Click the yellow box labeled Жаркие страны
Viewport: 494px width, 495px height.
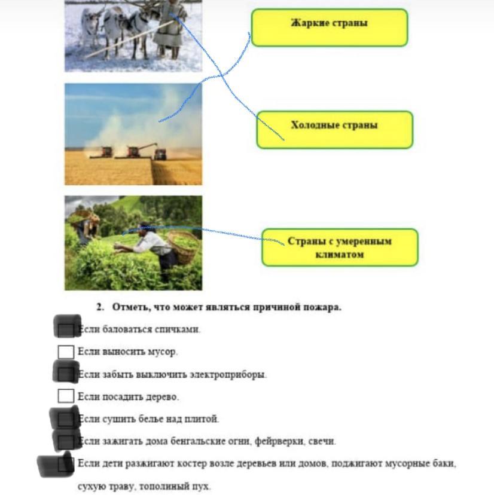tap(330, 27)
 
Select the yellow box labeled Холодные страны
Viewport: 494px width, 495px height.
tap(335, 130)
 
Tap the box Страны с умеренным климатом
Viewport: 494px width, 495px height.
tap(340, 247)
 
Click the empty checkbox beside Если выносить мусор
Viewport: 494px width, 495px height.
tap(66, 352)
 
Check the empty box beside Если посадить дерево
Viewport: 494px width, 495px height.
tap(66, 396)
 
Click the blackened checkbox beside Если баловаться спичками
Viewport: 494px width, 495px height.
tap(67, 326)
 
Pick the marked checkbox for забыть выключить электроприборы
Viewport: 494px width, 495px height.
tap(66, 372)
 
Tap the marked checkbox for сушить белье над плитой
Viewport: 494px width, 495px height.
tap(65, 418)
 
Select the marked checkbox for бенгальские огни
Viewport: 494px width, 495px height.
tap(66, 440)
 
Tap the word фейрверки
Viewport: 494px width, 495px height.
tap(279, 441)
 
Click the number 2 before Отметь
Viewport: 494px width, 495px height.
tap(100, 307)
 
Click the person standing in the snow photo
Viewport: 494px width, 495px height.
tap(169, 29)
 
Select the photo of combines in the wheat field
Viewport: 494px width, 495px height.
tap(133, 134)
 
